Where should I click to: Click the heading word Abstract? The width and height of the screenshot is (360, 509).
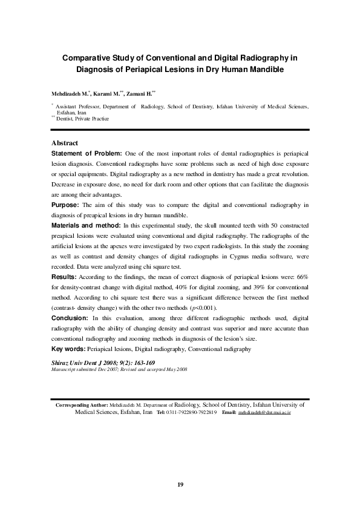[65, 143]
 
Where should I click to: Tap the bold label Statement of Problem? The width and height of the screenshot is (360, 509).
[87, 154]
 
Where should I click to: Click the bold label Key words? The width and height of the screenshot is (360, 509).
[68, 349]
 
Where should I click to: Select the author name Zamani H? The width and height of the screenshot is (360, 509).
[142, 94]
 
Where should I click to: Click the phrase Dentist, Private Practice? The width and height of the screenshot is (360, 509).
[83, 119]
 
